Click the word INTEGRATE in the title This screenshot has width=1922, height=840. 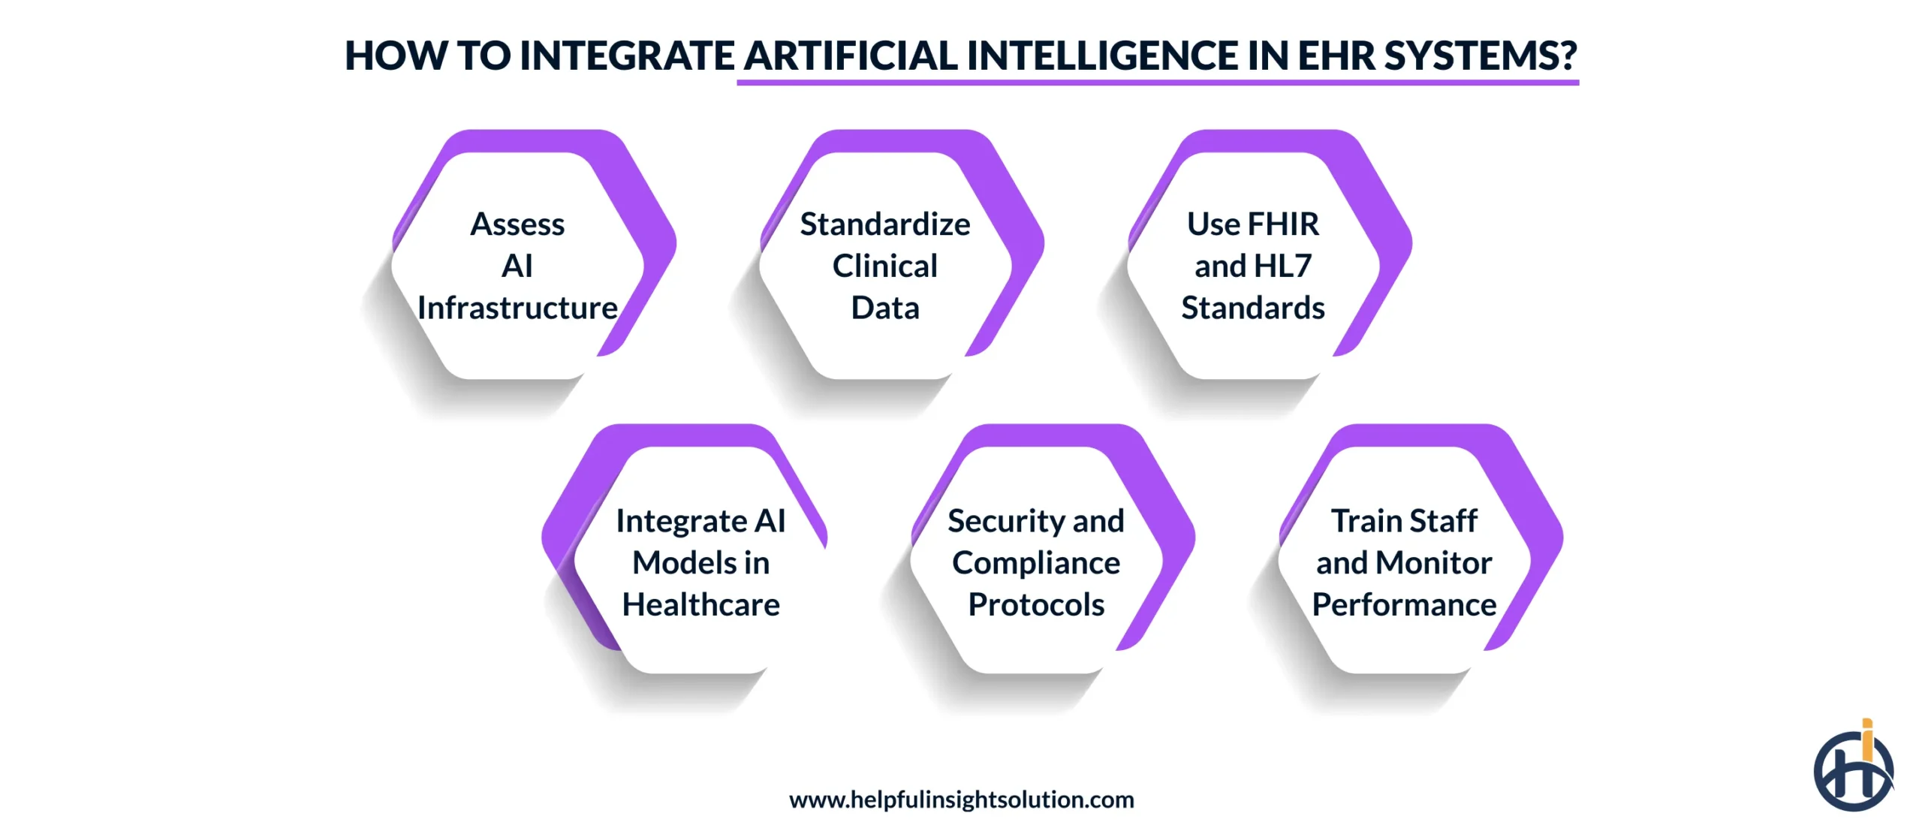pyautogui.click(x=627, y=56)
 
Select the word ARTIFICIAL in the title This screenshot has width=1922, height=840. pyautogui.click(x=851, y=56)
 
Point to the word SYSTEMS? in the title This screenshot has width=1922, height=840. pyautogui.click(x=1481, y=56)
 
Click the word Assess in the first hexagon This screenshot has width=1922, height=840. pyautogui.click(x=517, y=224)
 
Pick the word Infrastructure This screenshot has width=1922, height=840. pyautogui.click(x=517, y=309)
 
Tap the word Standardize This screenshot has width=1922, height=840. pyautogui.click(x=884, y=224)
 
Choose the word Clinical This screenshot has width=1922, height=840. pyautogui.click(x=884, y=266)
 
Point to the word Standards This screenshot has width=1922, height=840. pyautogui.click(x=1252, y=309)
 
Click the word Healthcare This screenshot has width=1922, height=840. pyautogui.click(x=700, y=605)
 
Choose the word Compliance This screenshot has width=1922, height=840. pyautogui.click(x=1036, y=563)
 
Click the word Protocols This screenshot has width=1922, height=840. pyautogui.click(x=1036, y=605)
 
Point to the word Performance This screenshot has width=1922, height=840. pyautogui.click(x=1404, y=605)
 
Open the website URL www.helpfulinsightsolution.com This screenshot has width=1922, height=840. pyautogui.click(x=961, y=800)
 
